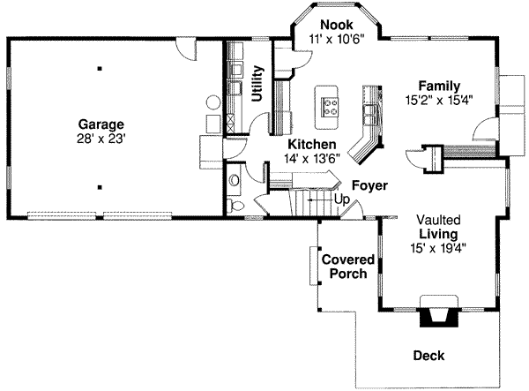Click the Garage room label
[101, 124]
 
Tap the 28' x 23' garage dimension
[101, 139]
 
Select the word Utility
[257, 84]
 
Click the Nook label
[337, 25]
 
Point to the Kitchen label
[312, 144]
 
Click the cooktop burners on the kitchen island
[330, 107]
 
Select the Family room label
[439, 86]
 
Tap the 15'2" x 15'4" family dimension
[439, 101]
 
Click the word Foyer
[369, 185]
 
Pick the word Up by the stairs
[342, 199]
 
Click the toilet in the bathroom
[235, 206]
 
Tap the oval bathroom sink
[234, 180]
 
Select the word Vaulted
[438, 220]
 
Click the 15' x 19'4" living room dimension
[438, 248]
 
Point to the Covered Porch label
[348, 267]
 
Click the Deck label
[428, 356]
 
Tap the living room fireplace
[438, 312]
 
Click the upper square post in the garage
[100, 69]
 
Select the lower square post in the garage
[100, 187]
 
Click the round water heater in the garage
[213, 102]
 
